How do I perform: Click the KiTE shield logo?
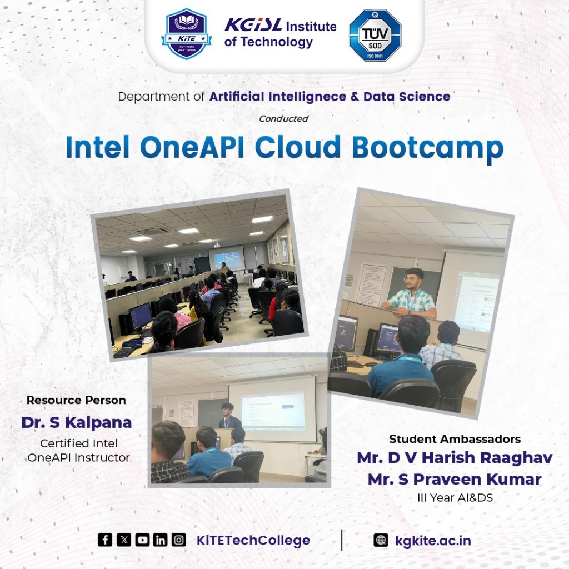pyautogui.click(x=187, y=34)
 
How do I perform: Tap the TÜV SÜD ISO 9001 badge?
pyautogui.click(x=375, y=35)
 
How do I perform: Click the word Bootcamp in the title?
pyautogui.click(x=428, y=148)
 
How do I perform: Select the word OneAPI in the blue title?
pyautogui.click(x=192, y=147)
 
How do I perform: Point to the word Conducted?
pyautogui.click(x=283, y=119)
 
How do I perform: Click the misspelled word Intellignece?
pyautogui.click(x=307, y=97)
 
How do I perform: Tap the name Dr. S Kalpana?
pyautogui.click(x=77, y=422)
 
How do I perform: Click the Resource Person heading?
pyautogui.click(x=76, y=400)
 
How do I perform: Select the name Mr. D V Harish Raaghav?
pyautogui.click(x=455, y=458)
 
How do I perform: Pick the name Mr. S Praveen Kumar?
pyautogui.click(x=455, y=480)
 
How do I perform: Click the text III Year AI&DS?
pyautogui.click(x=455, y=497)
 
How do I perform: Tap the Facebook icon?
pyautogui.click(x=105, y=540)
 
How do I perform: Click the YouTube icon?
pyautogui.click(x=142, y=540)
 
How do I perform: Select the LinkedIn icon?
pyautogui.click(x=160, y=540)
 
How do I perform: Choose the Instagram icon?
pyautogui.click(x=178, y=540)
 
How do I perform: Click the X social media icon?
pyautogui.click(x=124, y=540)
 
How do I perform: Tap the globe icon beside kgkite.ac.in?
pyautogui.click(x=380, y=540)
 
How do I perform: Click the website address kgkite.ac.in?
pyautogui.click(x=433, y=541)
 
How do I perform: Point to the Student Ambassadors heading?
pyautogui.click(x=455, y=439)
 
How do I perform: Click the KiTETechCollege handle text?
pyautogui.click(x=253, y=540)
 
